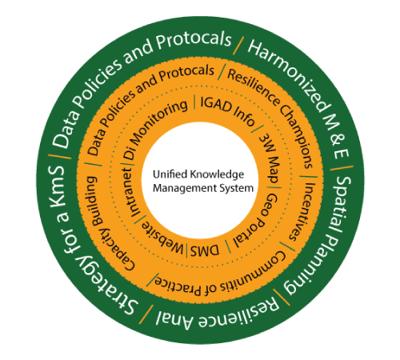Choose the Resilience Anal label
pos(218,314)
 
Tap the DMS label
pos(205,250)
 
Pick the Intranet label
pos(131,191)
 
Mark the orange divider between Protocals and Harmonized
pos(238,46)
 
